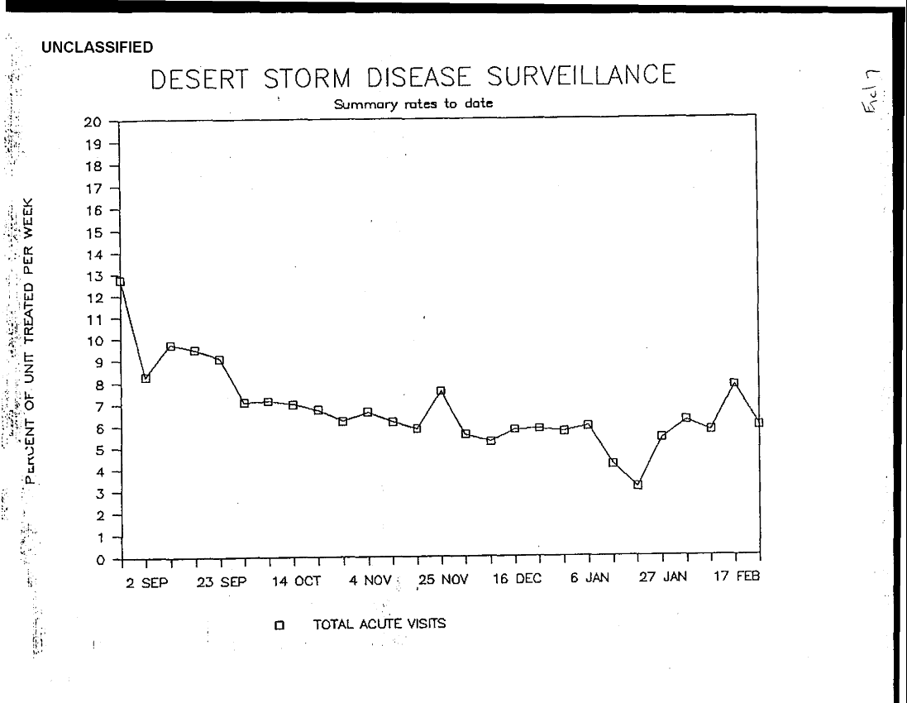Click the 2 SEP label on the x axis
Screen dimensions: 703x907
pyautogui.click(x=146, y=580)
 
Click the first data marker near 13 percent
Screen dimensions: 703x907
pyautogui.click(x=121, y=282)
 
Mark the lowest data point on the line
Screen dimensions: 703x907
pyautogui.click(x=637, y=485)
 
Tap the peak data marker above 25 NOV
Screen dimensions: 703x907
pyautogui.click(x=441, y=391)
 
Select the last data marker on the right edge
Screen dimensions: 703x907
pyautogui.click(x=758, y=423)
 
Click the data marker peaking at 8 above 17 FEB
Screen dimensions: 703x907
pyautogui.click(x=733, y=383)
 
